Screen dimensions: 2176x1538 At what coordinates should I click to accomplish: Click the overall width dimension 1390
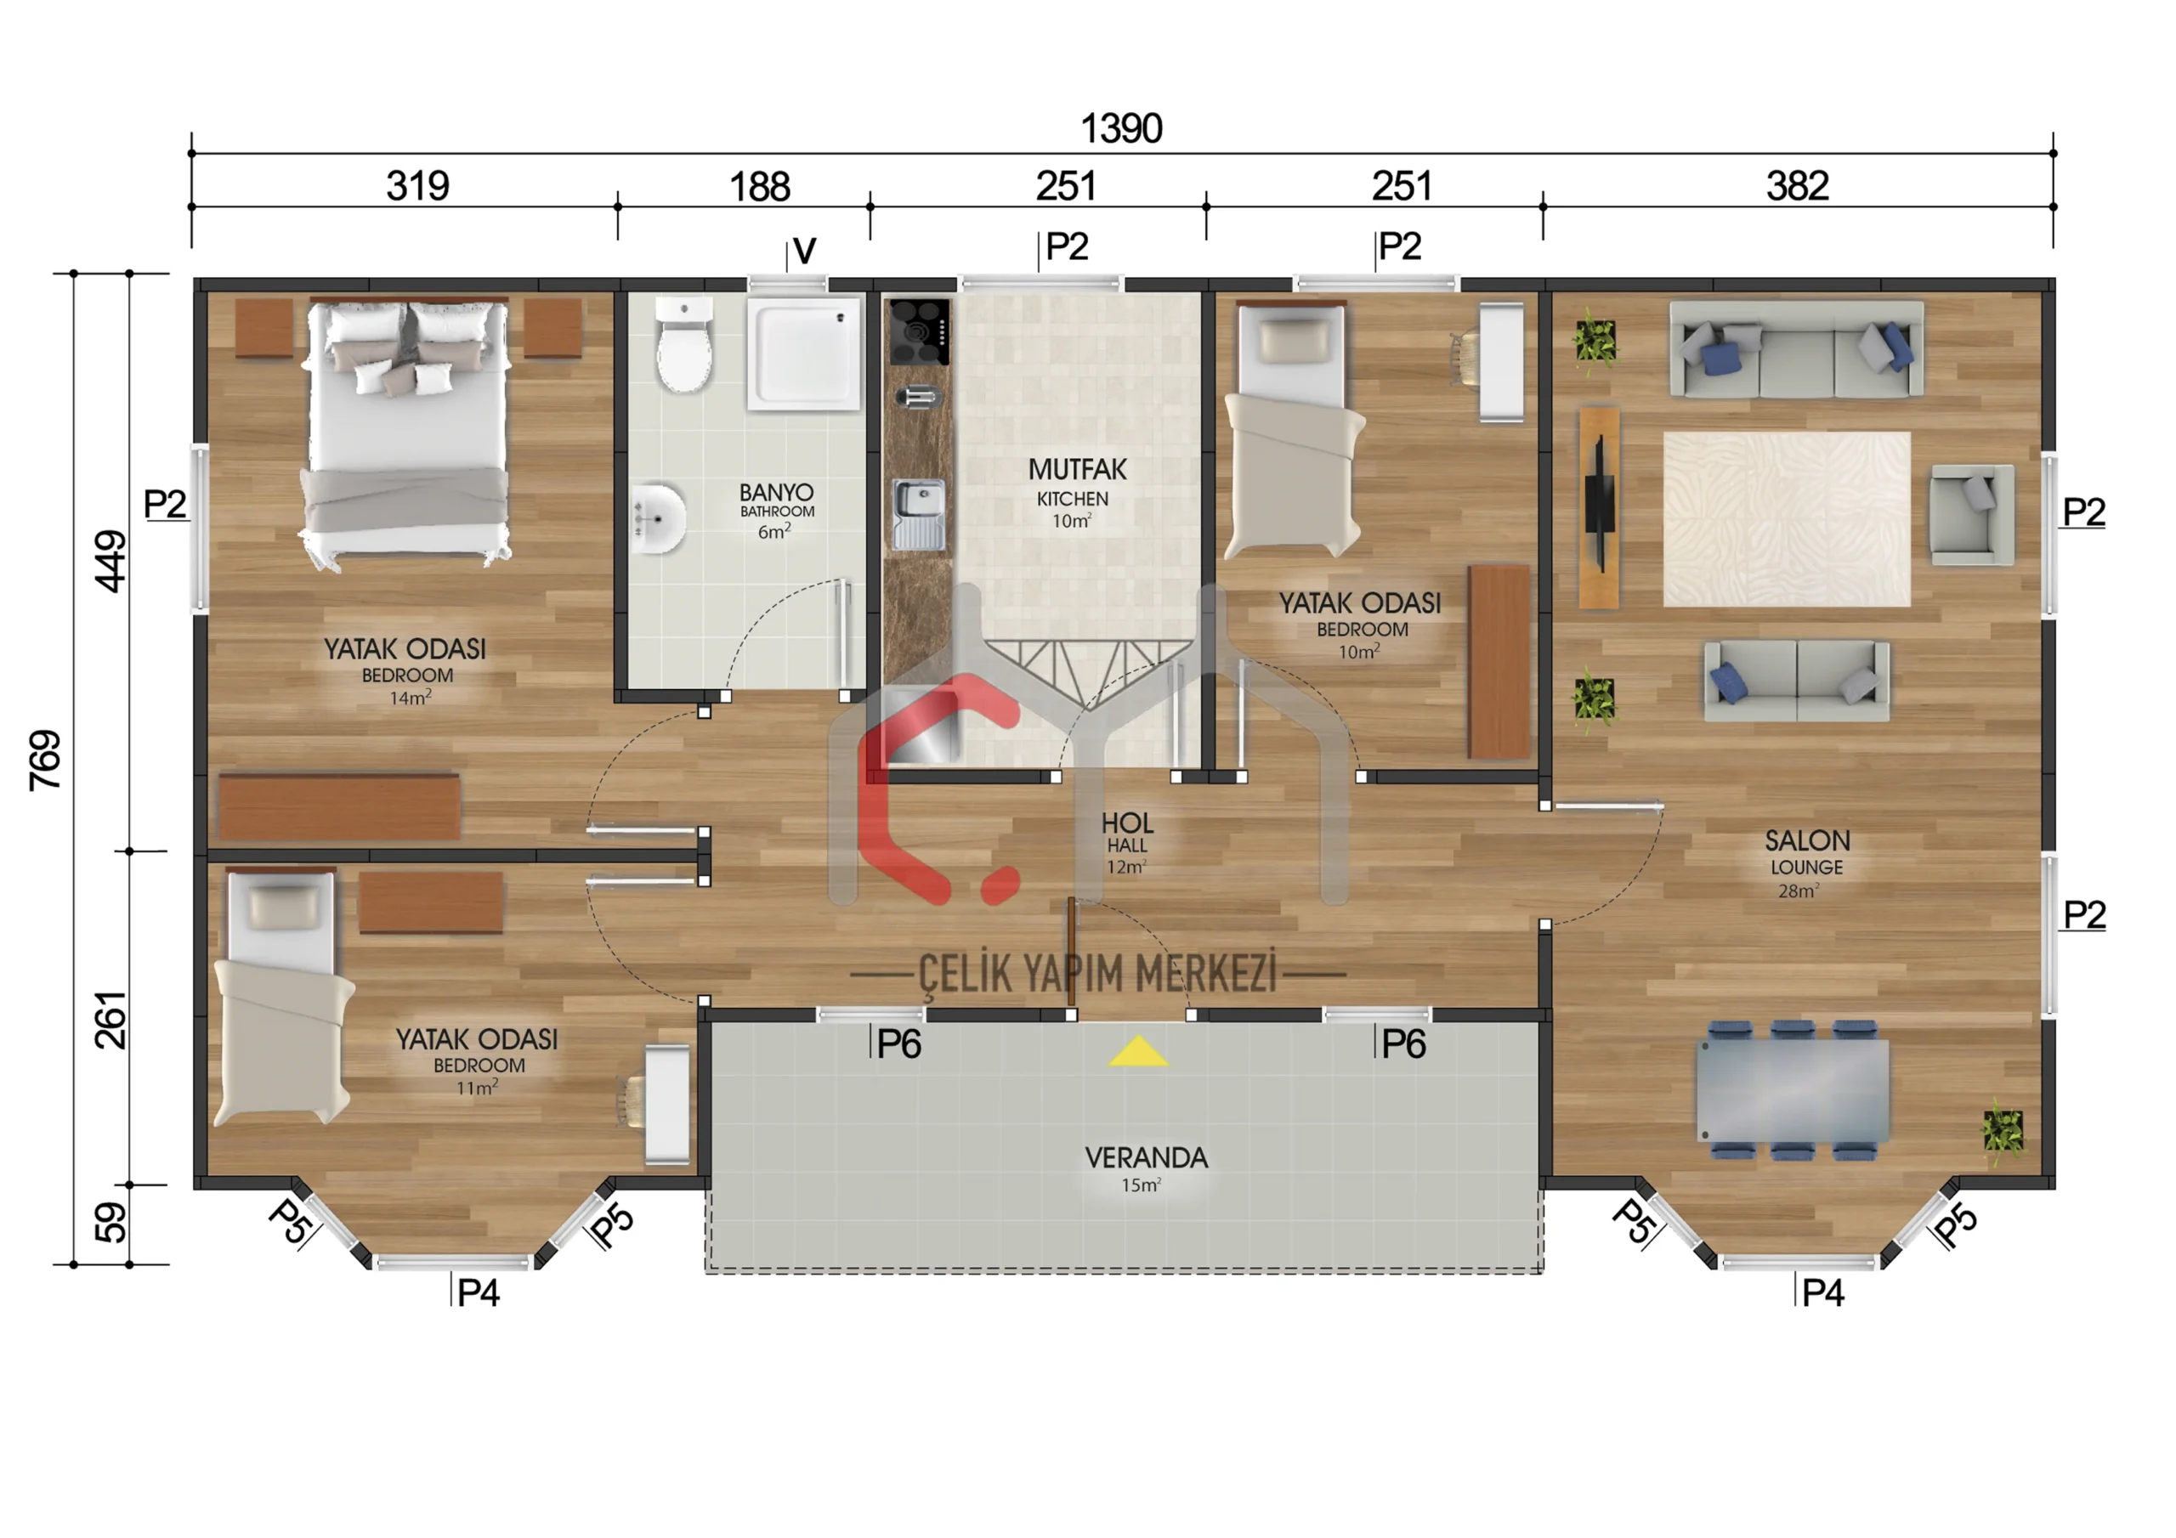[x=1121, y=128]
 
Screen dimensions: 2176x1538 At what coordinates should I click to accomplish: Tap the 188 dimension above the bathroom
[x=759, y=186]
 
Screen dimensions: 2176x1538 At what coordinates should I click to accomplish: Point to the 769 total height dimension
[x=44, y=760]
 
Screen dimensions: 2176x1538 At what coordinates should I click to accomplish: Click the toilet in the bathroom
[x=684, y=345]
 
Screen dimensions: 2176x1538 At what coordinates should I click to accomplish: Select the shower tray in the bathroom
[x=805, y=354]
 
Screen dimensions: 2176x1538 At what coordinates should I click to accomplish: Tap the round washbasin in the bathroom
[x=660, y=519]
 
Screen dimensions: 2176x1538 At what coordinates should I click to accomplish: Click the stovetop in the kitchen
[x=918, y=331]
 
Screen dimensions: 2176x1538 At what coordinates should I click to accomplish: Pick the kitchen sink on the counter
[x=918, y=513]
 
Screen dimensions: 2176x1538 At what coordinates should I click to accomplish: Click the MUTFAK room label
[x=1078, y=469]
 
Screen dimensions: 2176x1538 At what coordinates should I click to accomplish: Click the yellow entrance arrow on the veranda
[x=1137, y=1051]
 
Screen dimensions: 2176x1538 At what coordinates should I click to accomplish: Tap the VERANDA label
[x=1146, y=1158]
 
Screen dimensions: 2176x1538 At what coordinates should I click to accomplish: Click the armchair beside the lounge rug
[x=1971, y=515]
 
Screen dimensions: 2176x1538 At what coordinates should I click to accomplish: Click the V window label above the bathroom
[x=804, y=252]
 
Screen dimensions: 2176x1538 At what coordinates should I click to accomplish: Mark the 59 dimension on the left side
[x=110, y=1223]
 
